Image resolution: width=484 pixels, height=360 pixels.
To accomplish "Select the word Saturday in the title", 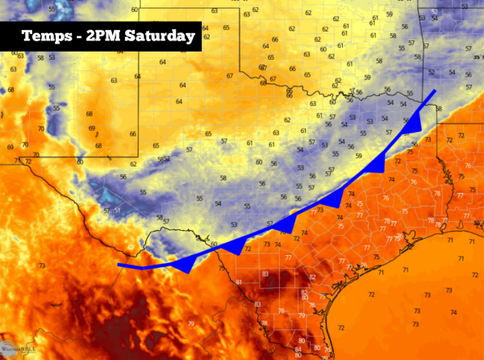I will [x=161, y=36].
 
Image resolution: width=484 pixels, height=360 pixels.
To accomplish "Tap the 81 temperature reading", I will [x=240, y=282].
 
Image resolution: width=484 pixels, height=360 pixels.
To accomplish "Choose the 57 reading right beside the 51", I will [x=107, y=211].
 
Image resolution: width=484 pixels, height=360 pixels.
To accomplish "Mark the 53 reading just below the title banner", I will [x=52, y=57].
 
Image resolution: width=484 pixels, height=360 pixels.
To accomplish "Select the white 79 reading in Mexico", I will [x=191, y=324].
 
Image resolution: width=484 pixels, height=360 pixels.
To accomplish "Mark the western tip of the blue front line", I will [x=119, y=264].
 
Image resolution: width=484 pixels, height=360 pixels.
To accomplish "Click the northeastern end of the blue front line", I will [x=436, y=91].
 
